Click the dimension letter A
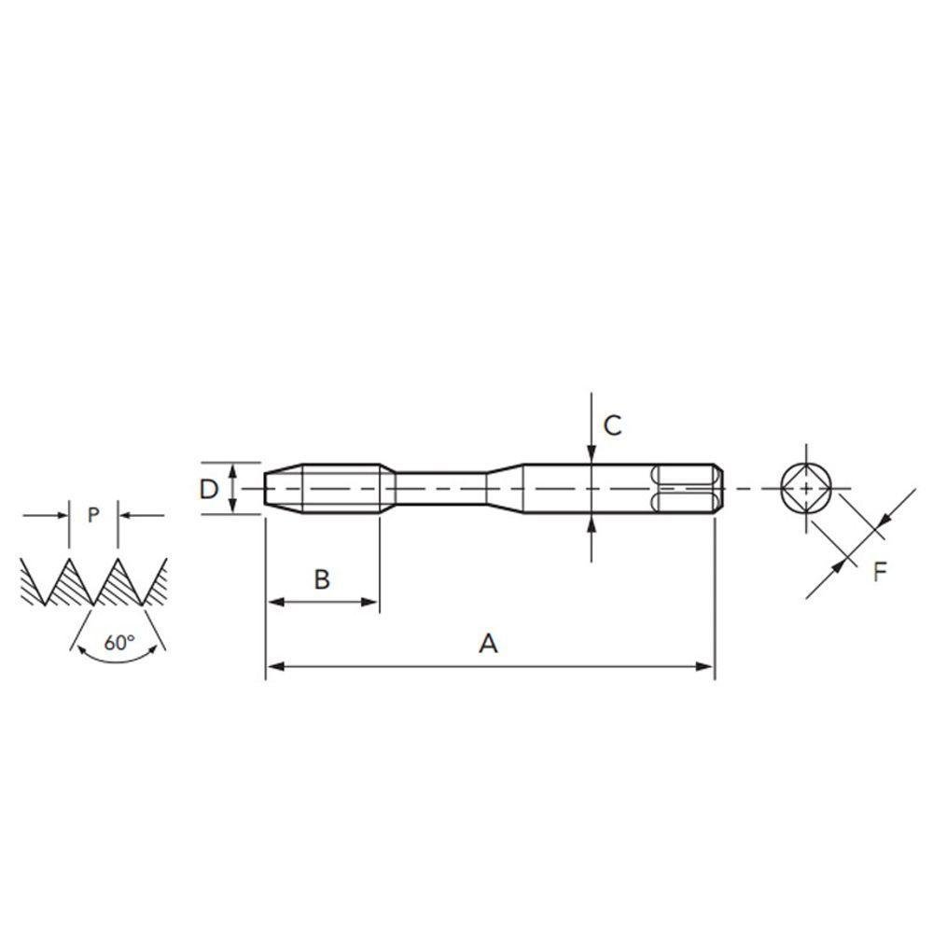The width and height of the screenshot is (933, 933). coord(488,643)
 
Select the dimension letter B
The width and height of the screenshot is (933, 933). coord(322,579)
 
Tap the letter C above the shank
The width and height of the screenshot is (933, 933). coord(612,425)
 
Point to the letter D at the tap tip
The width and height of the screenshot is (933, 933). coord(210,489)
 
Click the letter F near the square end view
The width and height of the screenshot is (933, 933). coord(880,572)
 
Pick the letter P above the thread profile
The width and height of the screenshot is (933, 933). coord(92,515)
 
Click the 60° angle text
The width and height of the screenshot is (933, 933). coord(118,642)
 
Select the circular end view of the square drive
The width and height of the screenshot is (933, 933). coord(803,488)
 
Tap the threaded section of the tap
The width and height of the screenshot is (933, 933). coord(341,488)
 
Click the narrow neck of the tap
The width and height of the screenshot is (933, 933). coord(439,488)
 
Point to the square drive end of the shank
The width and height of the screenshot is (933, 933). coord(689,488)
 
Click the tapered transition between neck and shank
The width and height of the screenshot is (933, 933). coord(504,488)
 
